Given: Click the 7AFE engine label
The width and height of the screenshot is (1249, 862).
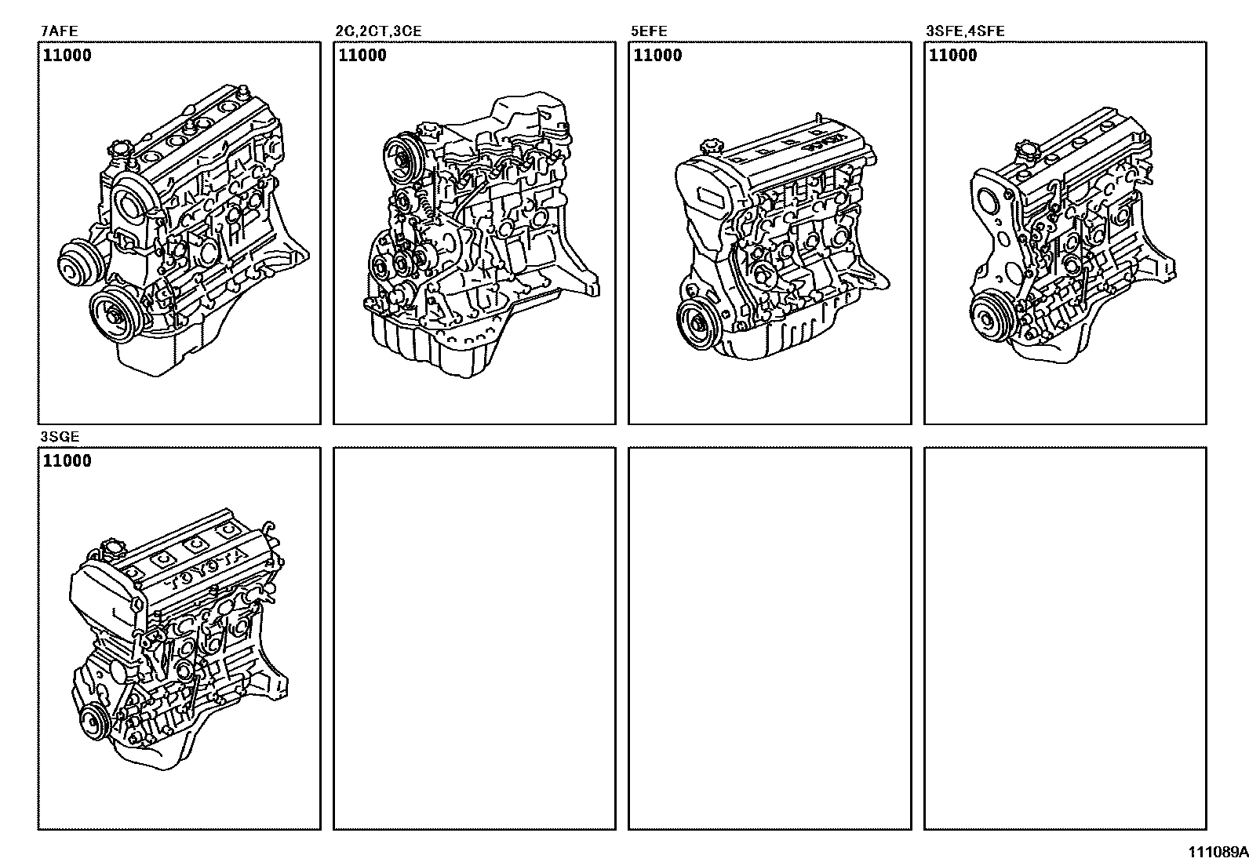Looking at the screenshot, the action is coord(59,31).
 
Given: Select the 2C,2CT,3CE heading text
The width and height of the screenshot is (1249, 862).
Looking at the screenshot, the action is coord(378,31).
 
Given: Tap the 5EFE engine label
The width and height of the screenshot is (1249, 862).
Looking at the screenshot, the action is coord(649,31).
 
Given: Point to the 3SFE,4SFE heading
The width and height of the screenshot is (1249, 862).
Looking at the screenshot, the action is coord(965,31).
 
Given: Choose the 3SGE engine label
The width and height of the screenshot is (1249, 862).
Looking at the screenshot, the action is coord(60,437).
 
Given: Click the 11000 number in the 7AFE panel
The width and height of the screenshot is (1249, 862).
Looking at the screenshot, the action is coord(67,55).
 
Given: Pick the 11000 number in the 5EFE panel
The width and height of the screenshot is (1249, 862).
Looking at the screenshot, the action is coord(658,55).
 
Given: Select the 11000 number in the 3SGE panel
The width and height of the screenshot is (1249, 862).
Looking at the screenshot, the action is coord(67,460).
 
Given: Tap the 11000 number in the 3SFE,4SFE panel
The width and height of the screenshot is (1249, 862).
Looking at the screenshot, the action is coord(953,55).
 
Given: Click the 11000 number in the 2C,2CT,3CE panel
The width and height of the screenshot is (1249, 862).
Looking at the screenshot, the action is coord(362,55).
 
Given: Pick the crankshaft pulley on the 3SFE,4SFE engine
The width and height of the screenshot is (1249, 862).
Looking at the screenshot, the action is coord(989,319).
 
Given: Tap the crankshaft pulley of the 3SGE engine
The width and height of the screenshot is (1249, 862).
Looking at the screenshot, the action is coord(93,723).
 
